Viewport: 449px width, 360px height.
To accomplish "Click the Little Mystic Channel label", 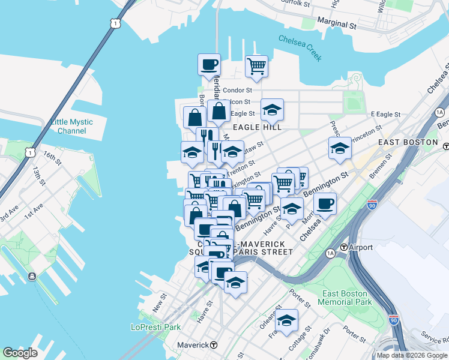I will pyautogui.click(x=72, y=126).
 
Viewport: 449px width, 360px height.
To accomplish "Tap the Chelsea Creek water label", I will pyautogui.click(x=300, y=49).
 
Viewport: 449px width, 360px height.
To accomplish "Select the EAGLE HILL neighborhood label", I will pyautogui.click(x=257, y=127).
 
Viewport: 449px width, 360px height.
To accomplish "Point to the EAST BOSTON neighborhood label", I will pyautogui.click(x=408, y=142).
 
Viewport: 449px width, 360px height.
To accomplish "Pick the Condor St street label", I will pyautogui.click(x=236, y=91).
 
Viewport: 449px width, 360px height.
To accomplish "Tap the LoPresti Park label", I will pyautogui.click(x=155, y=328).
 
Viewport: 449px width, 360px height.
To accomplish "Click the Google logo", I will pyautogui.click(x=20, y=353).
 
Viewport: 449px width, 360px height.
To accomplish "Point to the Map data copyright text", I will pyautogui.click(x=412, y=355).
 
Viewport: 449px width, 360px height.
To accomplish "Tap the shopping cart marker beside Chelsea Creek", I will pyautogui.click(x=256, y=66).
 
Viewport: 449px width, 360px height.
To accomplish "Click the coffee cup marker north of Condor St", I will pyautogui.click(x=209, y=65).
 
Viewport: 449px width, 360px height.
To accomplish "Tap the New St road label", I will pyautogui.click(x=159, y=302).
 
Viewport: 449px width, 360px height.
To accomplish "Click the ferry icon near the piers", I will pyautogui.click(x=31, y=277).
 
